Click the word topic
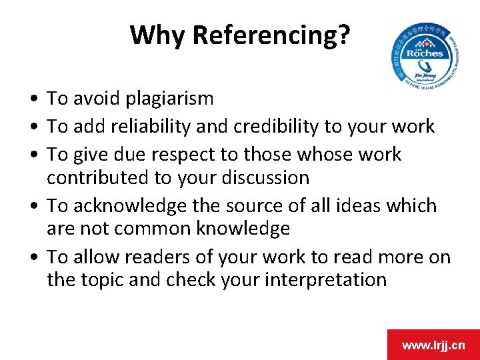click(104, 280)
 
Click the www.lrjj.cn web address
click(433, 345)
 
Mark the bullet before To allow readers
click(33, 258)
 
